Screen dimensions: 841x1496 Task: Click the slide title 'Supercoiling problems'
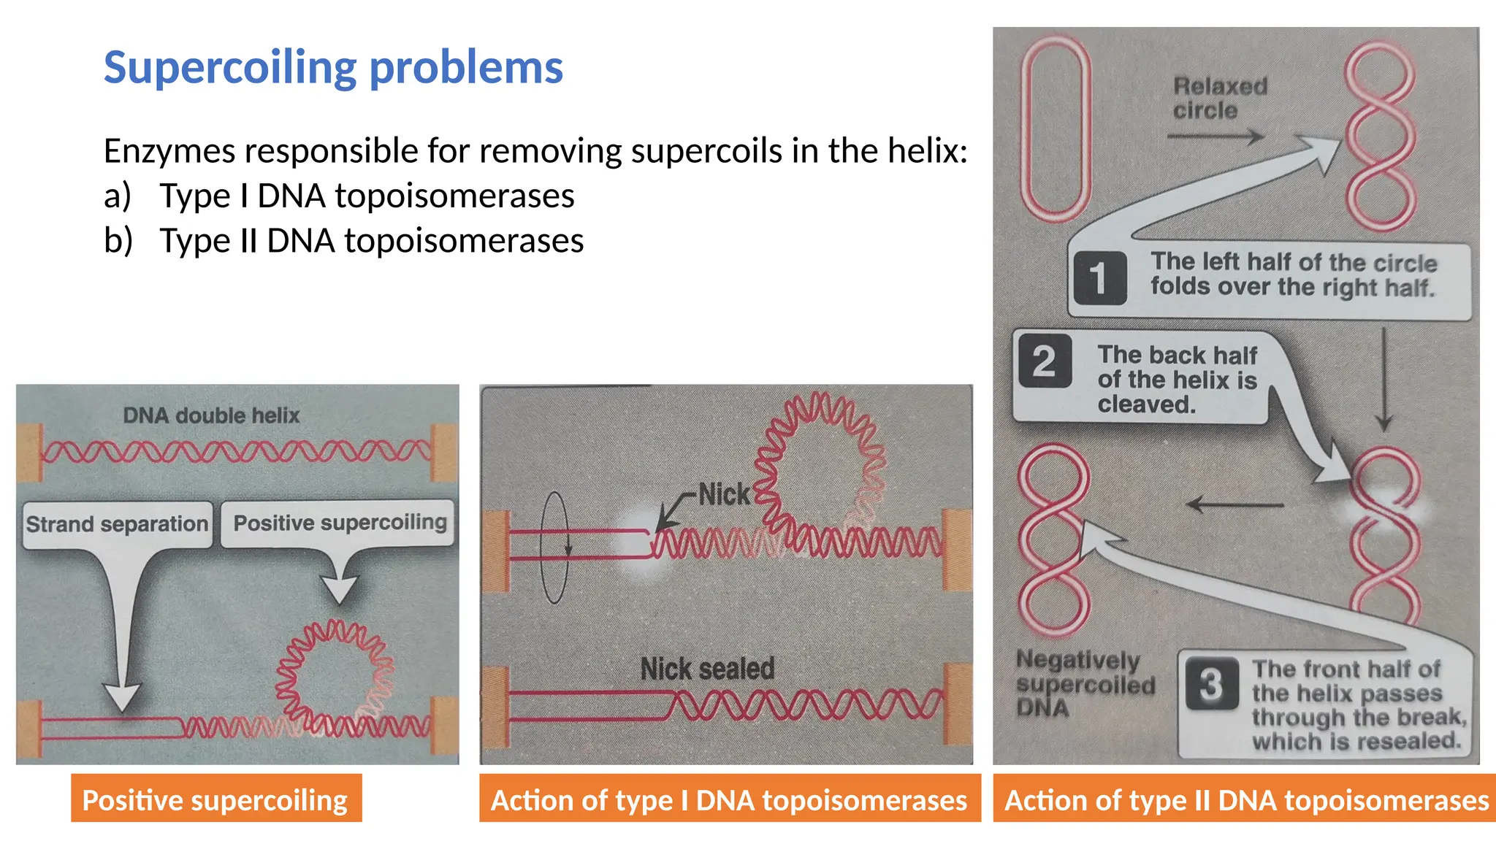[x=333, y=67]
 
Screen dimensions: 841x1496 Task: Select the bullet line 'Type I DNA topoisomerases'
[x=367, y=196]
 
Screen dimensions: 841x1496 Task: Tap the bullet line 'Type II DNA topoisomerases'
[x=371, y=241]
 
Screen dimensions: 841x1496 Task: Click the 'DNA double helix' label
[x=211, y=415]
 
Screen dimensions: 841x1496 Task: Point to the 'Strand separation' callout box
[x=118, y=523]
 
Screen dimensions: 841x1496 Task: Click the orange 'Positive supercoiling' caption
[x=215, y=799]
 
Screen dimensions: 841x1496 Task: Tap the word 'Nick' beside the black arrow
[x=723, y=495]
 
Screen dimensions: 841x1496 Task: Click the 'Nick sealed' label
[x=706, y=668]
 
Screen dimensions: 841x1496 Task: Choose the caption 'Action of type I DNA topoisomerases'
[x=729, y=799]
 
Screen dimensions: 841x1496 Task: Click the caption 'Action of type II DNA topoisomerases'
[x=1245, y=799]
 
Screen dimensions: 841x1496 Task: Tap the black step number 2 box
[x=1045, y=361]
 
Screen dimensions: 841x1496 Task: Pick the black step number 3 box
[x=1211, y=683]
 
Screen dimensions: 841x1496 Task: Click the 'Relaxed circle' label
[x=1220, y=99]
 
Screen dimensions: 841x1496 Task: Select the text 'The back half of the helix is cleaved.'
[x=1176, y=379]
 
